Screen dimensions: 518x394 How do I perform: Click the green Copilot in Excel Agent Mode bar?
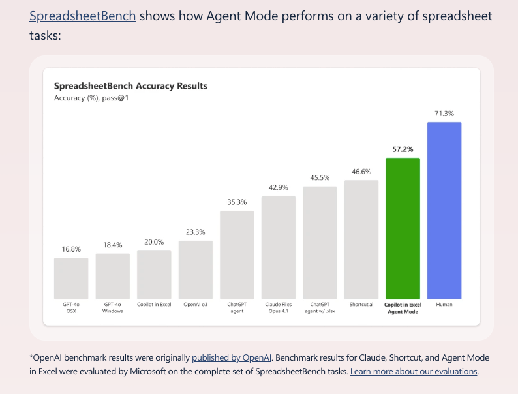click(x=403, y=228)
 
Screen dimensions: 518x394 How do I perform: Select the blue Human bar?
click(x=444, y=211)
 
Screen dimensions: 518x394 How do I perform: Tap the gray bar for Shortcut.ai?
click(x=361, y=240)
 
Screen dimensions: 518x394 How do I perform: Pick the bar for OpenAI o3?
click(x=196, y=270)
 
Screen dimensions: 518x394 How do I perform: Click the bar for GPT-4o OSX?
click(x=71, y=279)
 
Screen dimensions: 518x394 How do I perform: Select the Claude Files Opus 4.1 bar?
click(x=279, y=248)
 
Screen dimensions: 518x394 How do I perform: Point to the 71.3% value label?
click(x=444, y=114)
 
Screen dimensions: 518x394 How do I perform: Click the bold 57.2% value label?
click(x=403, y=149)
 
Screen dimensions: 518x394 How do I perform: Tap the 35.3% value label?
click(x=237, y=202)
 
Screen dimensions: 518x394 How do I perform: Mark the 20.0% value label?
click(x=154, y=242)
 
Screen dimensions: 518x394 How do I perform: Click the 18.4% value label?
click(x=113, y=245)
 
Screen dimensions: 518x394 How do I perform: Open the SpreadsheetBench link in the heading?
click(x=83, y=16)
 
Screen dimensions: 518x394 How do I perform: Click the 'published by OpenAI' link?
click(x=232, y=357)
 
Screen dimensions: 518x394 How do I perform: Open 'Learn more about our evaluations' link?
click(x=414, y=372)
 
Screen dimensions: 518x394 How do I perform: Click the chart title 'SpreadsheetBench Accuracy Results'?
click(x=130, y=86)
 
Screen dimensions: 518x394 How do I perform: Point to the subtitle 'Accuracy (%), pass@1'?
click(x=91, y=98)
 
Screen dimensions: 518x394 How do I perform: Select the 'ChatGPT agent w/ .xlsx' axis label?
click(x=320, y=308)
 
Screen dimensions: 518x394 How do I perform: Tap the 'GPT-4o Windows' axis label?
click(x=113, y=308)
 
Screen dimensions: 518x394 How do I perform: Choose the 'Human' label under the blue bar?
click(x=444, y=305)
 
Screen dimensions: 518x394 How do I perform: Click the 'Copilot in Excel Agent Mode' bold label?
click(x=403, y=308)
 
